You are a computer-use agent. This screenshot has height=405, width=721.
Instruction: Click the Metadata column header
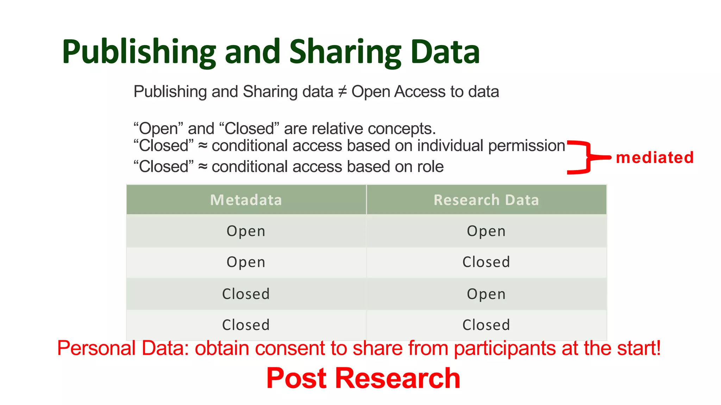(246, 200)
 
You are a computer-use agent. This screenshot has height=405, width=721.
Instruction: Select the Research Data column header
(486, 200)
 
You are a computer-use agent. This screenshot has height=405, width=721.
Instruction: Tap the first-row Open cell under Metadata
(246, 231)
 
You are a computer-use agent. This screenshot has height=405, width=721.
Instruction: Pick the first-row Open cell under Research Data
(486, 231)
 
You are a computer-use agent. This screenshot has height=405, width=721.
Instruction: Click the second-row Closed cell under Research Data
(486, 262)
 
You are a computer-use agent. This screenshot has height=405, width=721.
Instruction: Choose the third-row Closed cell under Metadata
(246, 294)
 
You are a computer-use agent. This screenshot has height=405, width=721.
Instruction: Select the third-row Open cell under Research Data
(486, 294)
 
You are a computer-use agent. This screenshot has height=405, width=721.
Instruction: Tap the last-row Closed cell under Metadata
(246, 325)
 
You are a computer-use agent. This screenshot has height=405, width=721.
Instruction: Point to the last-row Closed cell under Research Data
(486, 325)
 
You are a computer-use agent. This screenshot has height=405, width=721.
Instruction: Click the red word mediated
(655, 157)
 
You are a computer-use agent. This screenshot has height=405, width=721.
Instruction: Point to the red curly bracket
(586, 157)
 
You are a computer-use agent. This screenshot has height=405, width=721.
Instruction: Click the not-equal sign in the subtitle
(342, 92)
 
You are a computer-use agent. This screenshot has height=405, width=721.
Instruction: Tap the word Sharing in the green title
(345, 52)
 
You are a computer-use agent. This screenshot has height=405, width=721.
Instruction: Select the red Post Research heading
(363, 378)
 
